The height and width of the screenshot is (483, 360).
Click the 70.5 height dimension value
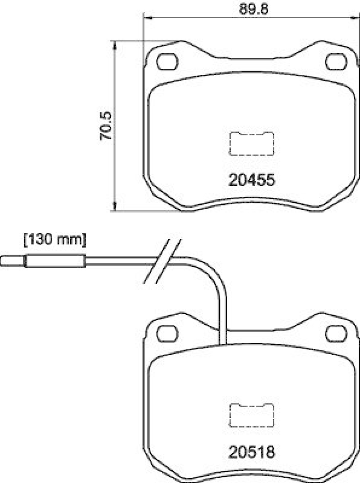tap(106, 126)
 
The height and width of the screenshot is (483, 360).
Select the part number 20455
tap(252, 179)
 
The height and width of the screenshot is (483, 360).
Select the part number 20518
tap(252, 452)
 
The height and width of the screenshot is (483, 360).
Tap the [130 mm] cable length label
tap(54, 240)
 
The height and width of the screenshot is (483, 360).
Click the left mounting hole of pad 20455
tap(166, 62)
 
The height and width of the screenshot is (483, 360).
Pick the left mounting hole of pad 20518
tap(166, 331)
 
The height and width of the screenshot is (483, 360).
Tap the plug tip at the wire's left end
tap(13, 262)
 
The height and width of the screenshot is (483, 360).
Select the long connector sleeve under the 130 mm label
tap(54, 262)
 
